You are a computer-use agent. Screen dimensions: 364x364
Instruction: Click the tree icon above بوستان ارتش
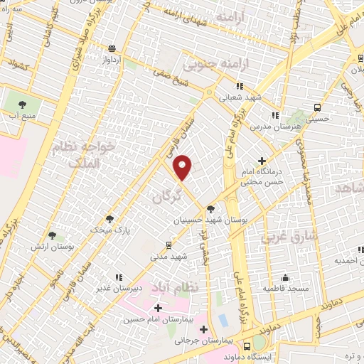tap(51, 235)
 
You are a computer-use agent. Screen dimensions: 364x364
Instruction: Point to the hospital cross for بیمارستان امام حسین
tap(158, 308)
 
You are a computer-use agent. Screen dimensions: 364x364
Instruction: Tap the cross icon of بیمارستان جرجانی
tap(204, 329)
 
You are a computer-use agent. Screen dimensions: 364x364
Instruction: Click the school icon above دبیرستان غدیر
tap(118, 277)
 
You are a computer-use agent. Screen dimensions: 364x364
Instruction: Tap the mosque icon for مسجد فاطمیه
tap(285, 277)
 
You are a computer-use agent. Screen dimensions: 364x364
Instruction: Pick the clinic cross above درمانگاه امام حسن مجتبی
tap(262, 161)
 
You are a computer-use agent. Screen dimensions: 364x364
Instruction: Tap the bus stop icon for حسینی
tap(317, 107)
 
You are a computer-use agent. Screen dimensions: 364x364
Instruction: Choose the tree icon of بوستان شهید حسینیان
tap(210, 209)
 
